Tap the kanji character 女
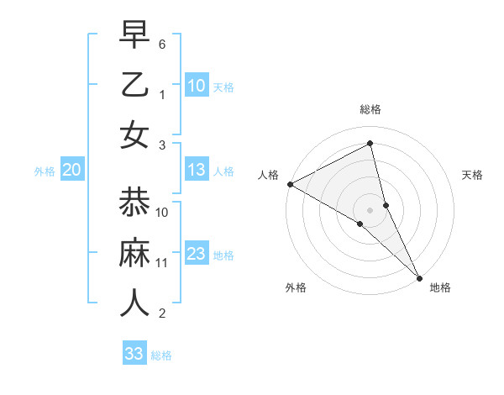(134, 135)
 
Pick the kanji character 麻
(134, 252)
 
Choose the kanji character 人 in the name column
(134, 303)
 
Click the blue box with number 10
(197, 85)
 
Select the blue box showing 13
(197, 171)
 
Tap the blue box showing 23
(197, 254)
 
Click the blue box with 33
(134, 354)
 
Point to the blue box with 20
(71, 171)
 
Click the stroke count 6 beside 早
(162, 43)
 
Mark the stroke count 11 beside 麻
(162, 263)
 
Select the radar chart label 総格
(370, 109)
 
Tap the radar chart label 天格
(472, 175)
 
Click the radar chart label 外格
(296, 287)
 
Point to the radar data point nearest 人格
(289, 184)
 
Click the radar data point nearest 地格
(418, 276)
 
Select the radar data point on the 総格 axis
(370, 143)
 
